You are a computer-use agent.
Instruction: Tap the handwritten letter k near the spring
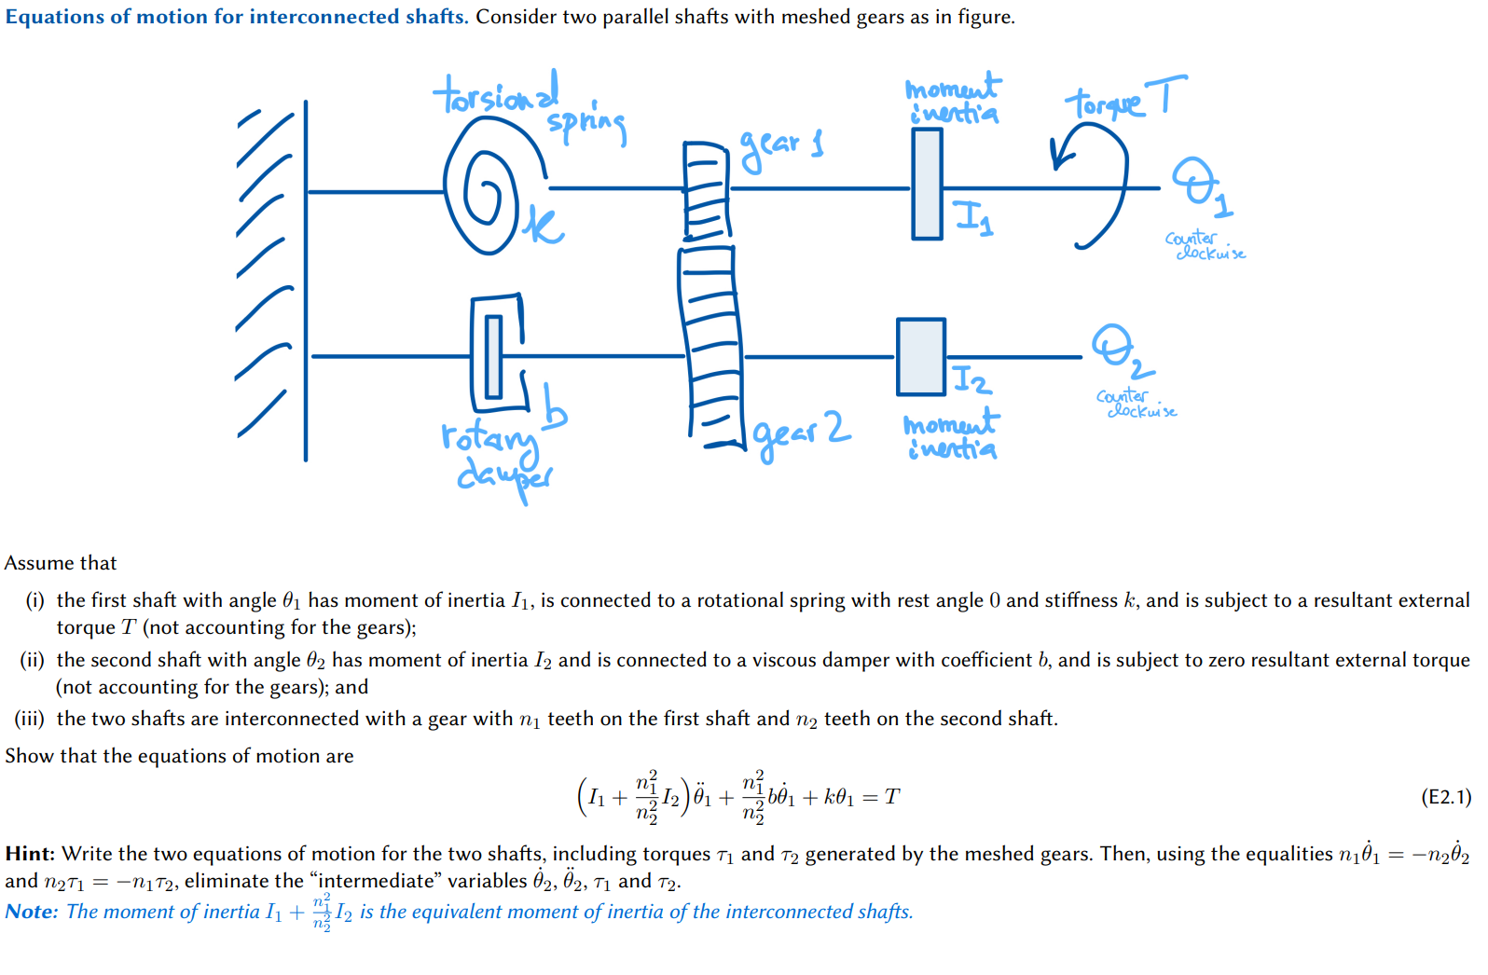tap(543, 226)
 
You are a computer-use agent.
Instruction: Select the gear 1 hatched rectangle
tap(707, 190)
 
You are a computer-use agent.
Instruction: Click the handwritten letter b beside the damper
tap(554, 405)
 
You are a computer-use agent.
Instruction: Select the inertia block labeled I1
tap(927, 184)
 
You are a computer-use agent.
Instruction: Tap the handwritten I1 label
tap(974, 218)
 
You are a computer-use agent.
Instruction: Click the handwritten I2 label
tap(972, 379)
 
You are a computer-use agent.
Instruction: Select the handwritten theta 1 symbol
tap(1201, 187)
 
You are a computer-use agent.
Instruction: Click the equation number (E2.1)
tap(1446, 796)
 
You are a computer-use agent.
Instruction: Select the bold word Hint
tap(29, 854)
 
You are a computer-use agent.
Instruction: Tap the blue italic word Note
tap(31, 912)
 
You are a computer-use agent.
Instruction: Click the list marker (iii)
tap(29, 719)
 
